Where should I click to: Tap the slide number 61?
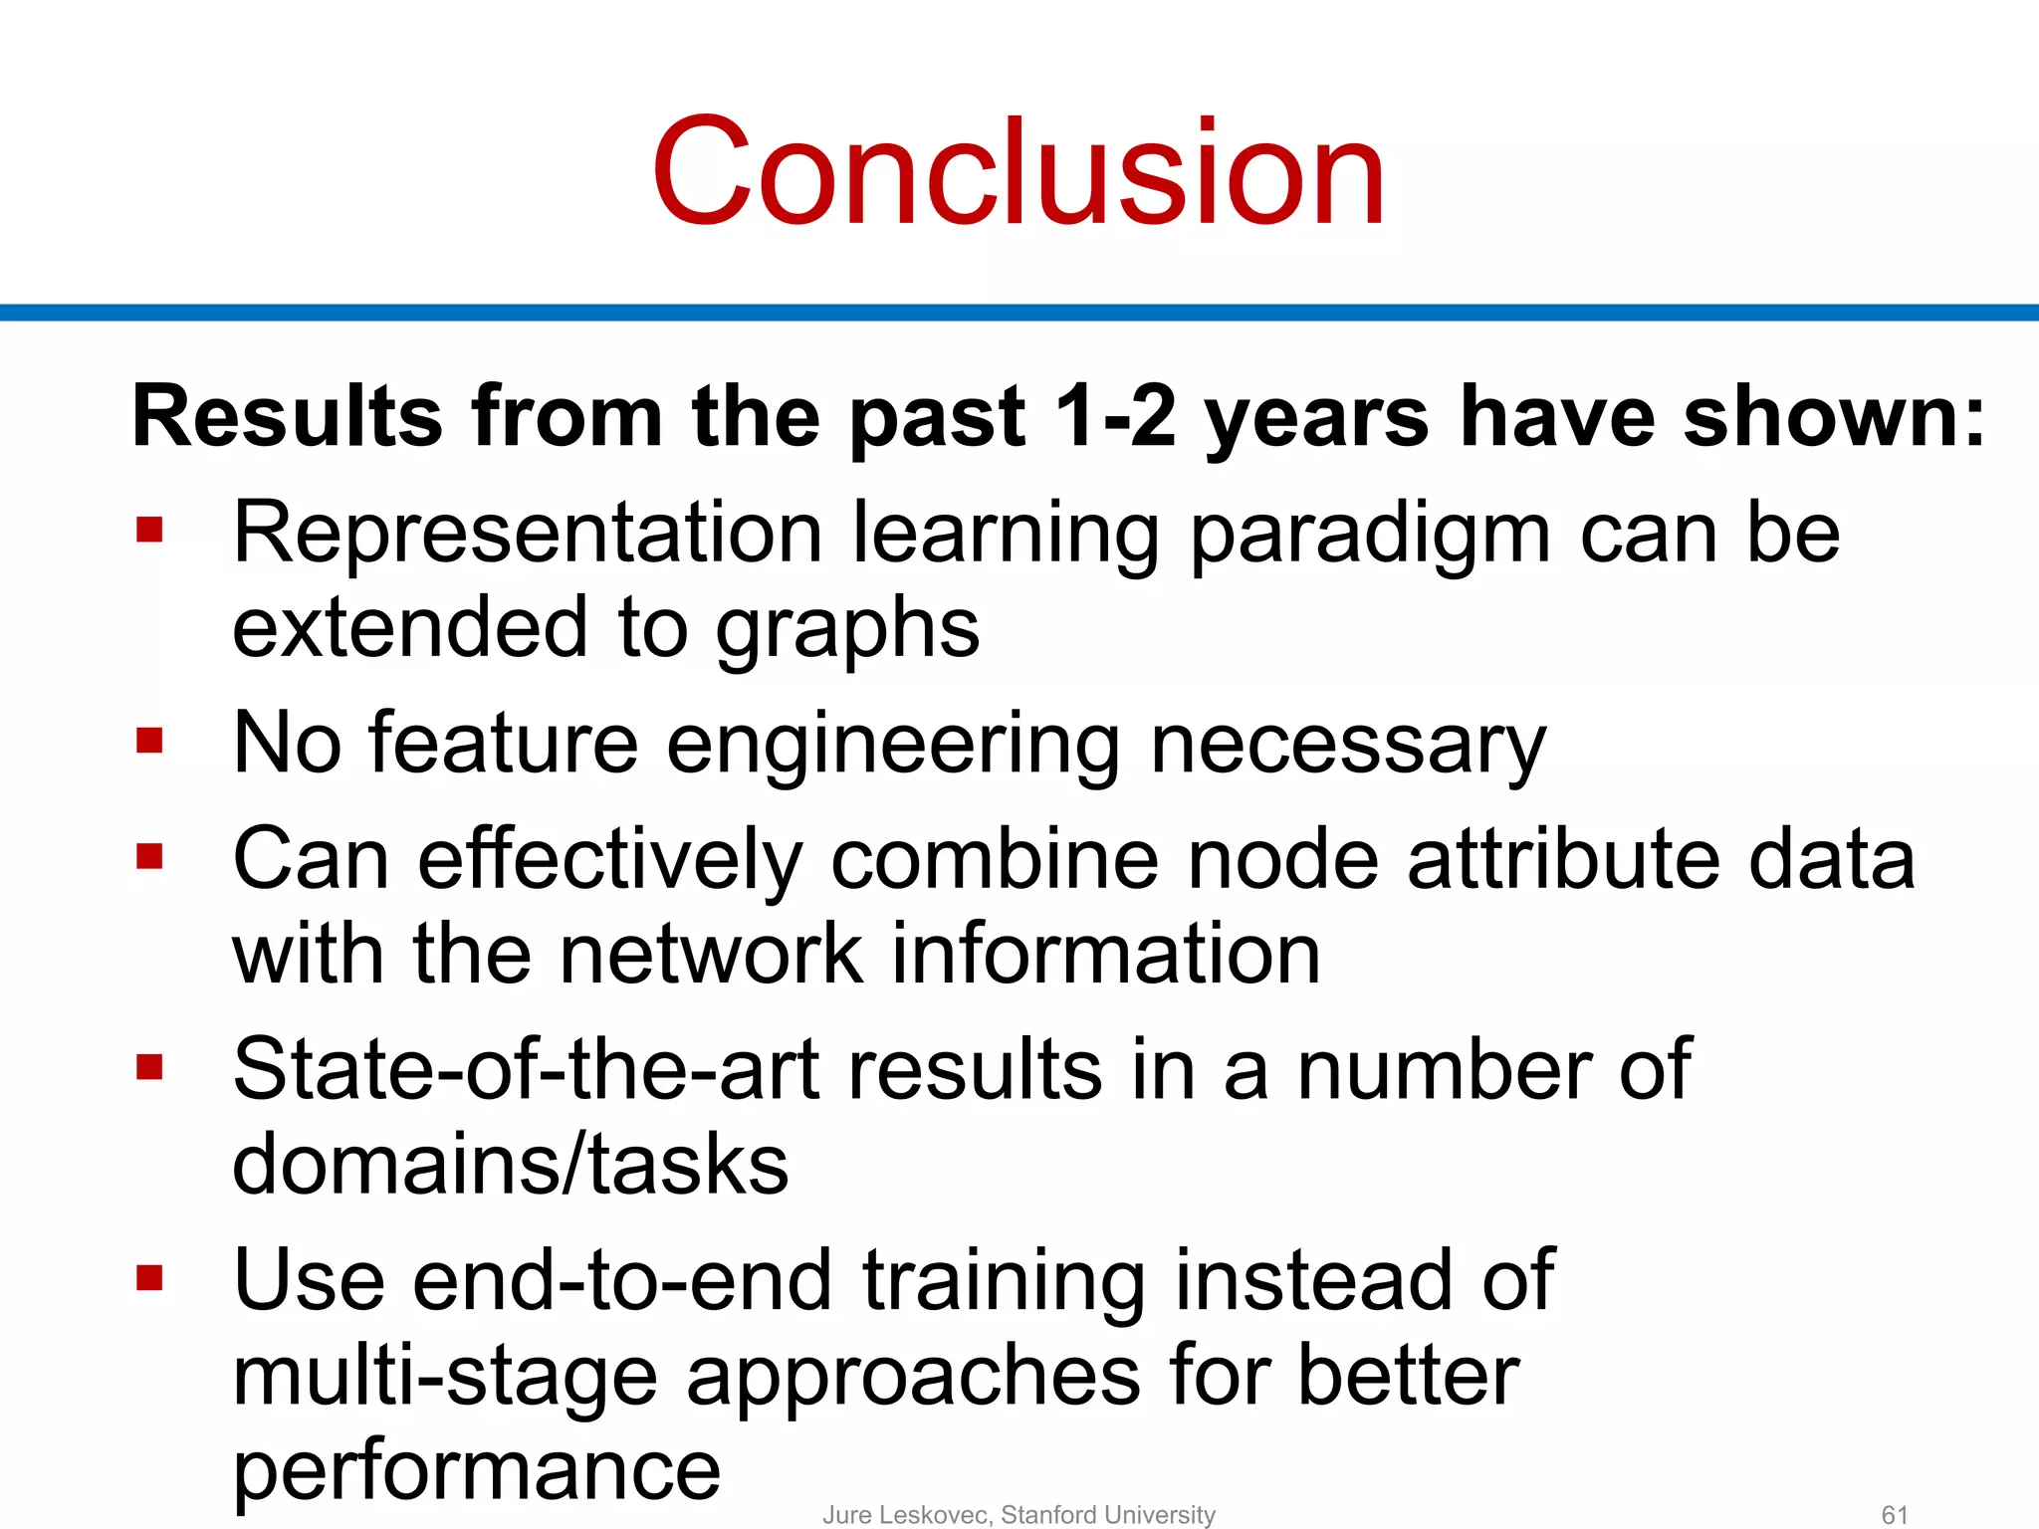click(1894, 1514)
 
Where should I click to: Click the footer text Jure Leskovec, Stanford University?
click(1019, 1514)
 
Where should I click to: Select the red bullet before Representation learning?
click(149, 530)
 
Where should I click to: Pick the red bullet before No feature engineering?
click(149, 741)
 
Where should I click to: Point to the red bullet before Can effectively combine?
click(149, 856)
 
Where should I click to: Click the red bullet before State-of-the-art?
click(149, 1068)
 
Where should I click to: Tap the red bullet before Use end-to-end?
click(149, 1277)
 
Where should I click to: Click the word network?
click(711, 954)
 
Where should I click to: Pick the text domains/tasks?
click(510, 1165)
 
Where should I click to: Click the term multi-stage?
click(444, 1378)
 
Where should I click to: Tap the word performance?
click(476, 1471)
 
